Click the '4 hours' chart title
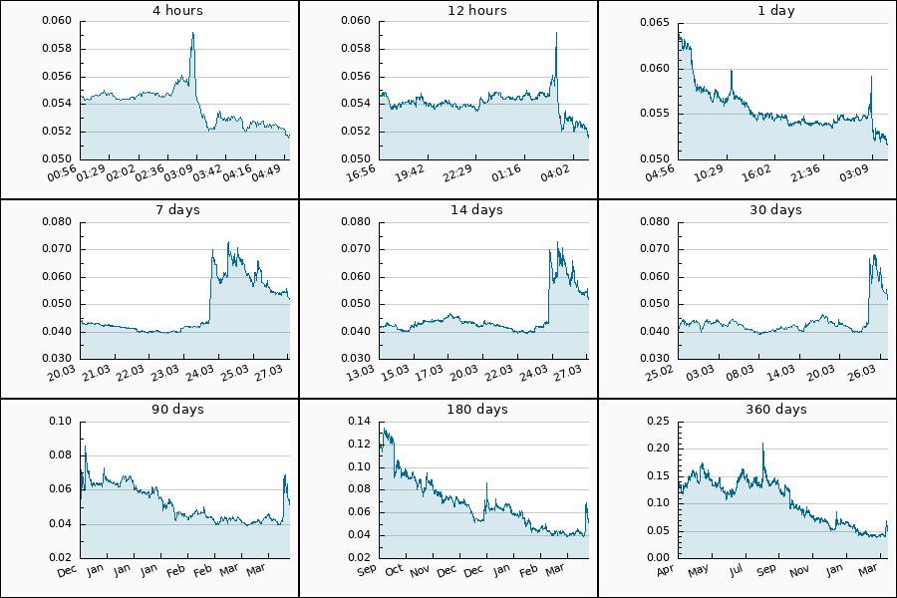point(149,11)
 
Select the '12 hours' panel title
point(448,11)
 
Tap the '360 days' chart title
point(747,410)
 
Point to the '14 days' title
point(448,210)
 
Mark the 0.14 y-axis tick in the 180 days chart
point(359,422)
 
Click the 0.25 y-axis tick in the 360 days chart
point(658,422)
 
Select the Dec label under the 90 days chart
point(67,570)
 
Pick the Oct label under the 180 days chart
point(394,570)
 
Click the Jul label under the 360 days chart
point(736,570)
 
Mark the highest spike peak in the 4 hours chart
point(192,33)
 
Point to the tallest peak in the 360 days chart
point(762,444)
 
